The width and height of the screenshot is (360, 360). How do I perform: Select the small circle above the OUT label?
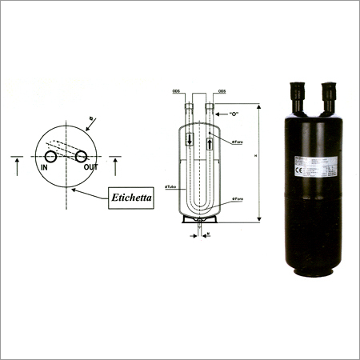click(x=83, y=157)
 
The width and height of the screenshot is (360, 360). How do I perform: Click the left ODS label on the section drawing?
click(x=176, y=92)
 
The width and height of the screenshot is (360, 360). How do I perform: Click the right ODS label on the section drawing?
click(x=222, y=92)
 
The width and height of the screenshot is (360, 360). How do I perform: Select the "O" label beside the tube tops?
click(x=235, y=114)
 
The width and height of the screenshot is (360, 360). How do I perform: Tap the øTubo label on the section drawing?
click(x=170, y=187)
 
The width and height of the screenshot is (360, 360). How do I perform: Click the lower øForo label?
click(x=237, y=197)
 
